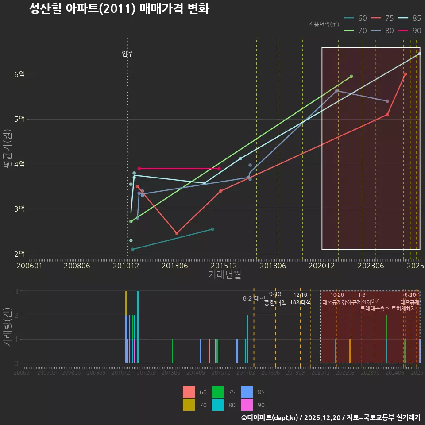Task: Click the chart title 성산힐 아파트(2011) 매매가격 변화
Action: pyautogui.click(x=119, y=9)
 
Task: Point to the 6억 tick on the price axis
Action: pyautogui.click(x=19, y=74)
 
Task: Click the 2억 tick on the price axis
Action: pyautogui.click(x=19, y=254)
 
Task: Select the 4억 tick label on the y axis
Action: pyautogui.click(x=19, y=164)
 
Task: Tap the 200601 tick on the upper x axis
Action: pyautogui.click(x=29, y=266)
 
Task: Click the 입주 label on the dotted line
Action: pyautogui.click(x=127, y=54)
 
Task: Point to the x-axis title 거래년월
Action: pyautogui.click(x=224, y=274)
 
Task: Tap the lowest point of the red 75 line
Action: pyautogui.click(x=177, y=233)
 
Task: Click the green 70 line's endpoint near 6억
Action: pyautogui.click(x=351, y=77)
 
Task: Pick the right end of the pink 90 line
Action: pyautogui.click(x=219, y=168)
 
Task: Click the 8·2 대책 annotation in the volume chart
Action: pyautogui.click(x=254, y=298)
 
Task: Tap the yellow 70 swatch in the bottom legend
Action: pyautogui.click(x=189, y=405)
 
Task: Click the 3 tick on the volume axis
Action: pyautogui.click(x=16, y=291)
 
